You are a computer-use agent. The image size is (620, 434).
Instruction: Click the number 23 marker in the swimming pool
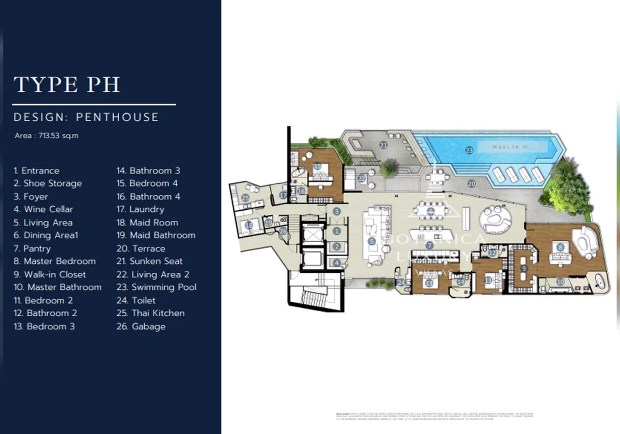click(x=469, y=150)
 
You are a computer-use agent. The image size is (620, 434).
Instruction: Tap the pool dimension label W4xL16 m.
click(x=512, y=147)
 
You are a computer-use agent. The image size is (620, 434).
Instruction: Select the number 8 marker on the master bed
click(x=561, y=247)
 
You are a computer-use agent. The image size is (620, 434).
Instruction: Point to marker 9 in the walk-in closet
click(x=523, y=268)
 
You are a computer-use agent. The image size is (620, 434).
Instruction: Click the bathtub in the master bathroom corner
click(x=599, y=283)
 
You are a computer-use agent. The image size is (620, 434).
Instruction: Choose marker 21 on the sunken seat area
click(x=383, y=145)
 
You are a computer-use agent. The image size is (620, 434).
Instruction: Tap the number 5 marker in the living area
click(x=370, y=241)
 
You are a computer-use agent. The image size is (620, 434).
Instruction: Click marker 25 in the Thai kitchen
click(x=245, y=197)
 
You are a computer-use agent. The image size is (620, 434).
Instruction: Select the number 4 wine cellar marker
click(x=337, y=262)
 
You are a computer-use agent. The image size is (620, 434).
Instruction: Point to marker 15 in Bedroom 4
click(x=317, y=166)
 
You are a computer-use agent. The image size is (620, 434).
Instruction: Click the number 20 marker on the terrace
click(x=471, y=183)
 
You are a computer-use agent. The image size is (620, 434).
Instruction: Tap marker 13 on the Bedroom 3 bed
click(x=429, y=283)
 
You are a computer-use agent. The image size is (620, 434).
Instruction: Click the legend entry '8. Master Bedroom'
click(x=55, y=261)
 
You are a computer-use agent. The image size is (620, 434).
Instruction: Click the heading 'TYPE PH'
click(x=67, y=85)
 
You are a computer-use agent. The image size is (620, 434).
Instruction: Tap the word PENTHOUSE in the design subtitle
click(x=117, y=117)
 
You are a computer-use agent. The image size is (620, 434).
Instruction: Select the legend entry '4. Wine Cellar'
click(x=43, y=209)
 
